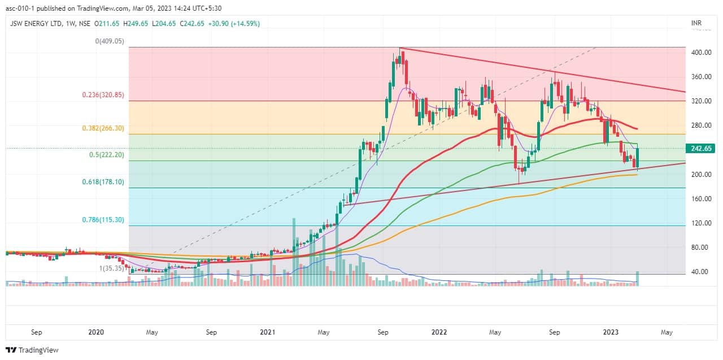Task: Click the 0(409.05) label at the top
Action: [110, 41]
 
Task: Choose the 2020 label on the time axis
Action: [95, 332]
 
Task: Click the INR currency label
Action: [696, 23]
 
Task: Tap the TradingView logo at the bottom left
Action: [32, 350]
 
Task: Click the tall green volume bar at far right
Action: [638, 278]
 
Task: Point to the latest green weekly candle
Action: [638, 158]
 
